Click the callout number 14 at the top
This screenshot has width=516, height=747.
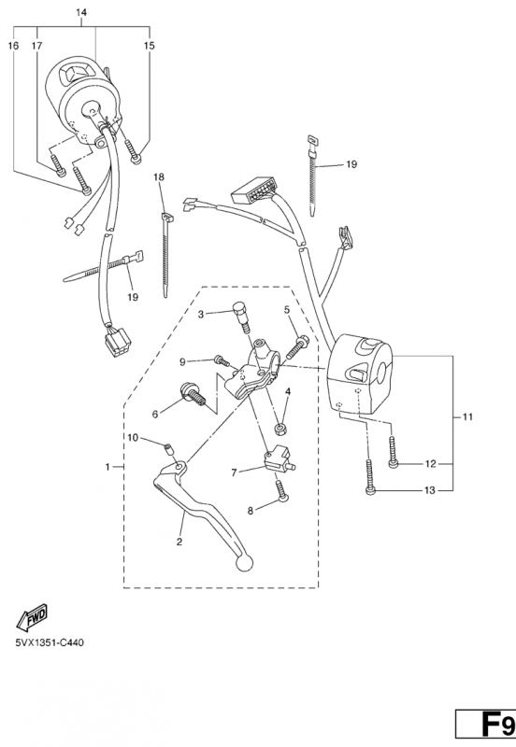81,12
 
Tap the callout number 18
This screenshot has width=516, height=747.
159,177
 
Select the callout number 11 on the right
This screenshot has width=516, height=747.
467,416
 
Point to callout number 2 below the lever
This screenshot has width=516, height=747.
179,542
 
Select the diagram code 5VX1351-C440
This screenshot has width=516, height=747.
50,643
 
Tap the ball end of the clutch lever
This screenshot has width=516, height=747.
244,563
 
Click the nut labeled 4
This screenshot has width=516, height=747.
279,428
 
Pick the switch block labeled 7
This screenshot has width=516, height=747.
279,460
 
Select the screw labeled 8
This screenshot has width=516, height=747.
282,490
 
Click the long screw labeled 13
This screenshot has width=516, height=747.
370,476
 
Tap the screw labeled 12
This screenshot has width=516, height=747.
392,452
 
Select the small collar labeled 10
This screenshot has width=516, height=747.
168,449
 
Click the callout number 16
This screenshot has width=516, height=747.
13,46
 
